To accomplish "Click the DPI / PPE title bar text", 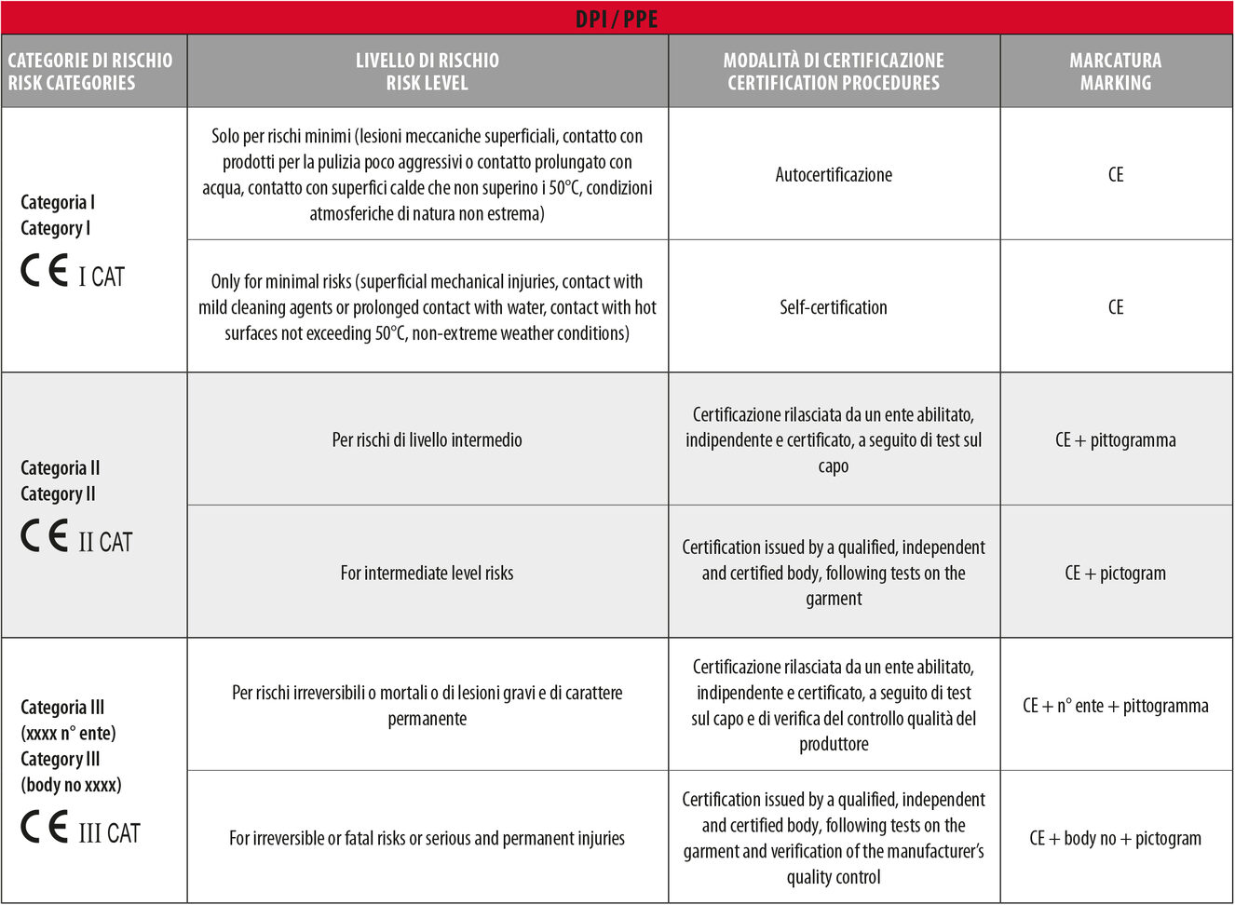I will (x=616, y=19).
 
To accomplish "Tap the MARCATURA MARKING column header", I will (x=1115, y=72).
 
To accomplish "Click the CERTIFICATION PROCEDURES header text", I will (x=833, y=83).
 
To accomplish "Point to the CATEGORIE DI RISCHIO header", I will (x=90, y=61).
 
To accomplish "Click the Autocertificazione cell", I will (x=834, y=174).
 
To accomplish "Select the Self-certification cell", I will (x=834, y=307).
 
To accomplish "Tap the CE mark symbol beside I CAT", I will (x=45, y=271).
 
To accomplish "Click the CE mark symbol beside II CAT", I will (x=45, y=536).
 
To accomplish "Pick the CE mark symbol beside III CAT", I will (x=45, y=828).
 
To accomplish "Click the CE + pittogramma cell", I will (x=1115, y=440).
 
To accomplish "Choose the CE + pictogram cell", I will (x=1115, y=573).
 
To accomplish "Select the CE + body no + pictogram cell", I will (x=1115, y=838).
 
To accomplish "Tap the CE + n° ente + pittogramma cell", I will (x=1115, y=706).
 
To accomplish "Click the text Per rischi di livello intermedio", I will (x=427, y=440).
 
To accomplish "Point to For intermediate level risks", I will (x=427, y=573).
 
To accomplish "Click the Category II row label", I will (x=58, y=493).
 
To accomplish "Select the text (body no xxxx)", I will (x=71, y=785).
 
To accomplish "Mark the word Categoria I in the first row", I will (x=58, y=202).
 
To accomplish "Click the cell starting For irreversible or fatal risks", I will (x=427, y=838).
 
